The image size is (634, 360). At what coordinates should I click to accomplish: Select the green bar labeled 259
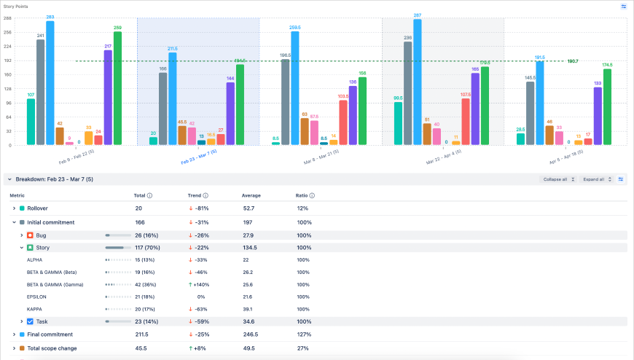coord(118,88)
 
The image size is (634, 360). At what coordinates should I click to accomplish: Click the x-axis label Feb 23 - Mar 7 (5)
coord(198,154)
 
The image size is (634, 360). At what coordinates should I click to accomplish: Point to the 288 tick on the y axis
coord(7,32)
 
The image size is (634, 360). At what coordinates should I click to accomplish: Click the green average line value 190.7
coord(573,61)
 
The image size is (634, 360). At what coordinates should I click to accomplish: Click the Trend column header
coord(195,195)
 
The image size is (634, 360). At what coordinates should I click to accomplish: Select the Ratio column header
coord(302,195)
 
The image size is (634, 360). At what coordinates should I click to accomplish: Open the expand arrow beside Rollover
coord(14,208)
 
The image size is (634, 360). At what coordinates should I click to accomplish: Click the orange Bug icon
coord(30,235)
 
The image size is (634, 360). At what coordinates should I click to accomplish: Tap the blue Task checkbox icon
coord(30,321)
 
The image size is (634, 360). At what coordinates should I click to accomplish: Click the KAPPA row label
coord(34,309)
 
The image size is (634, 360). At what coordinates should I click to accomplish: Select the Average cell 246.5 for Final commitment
coord(250,334)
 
